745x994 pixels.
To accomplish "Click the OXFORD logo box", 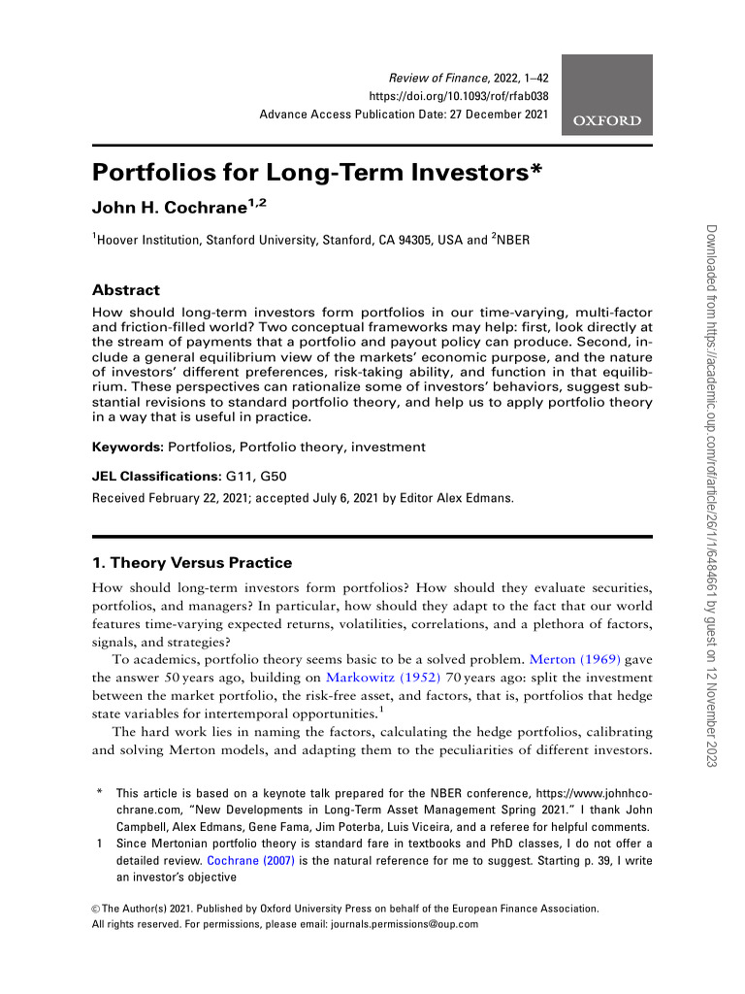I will (607, 94).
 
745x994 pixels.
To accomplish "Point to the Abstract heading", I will (125, 289).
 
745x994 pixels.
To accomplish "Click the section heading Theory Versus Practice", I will (201, 563).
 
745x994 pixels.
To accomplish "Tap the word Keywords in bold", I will (127, 447).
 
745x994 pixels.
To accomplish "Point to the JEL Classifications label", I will (155, 477).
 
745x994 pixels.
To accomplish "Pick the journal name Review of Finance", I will (433, 77).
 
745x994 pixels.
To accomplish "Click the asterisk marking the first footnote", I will (100, 794).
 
